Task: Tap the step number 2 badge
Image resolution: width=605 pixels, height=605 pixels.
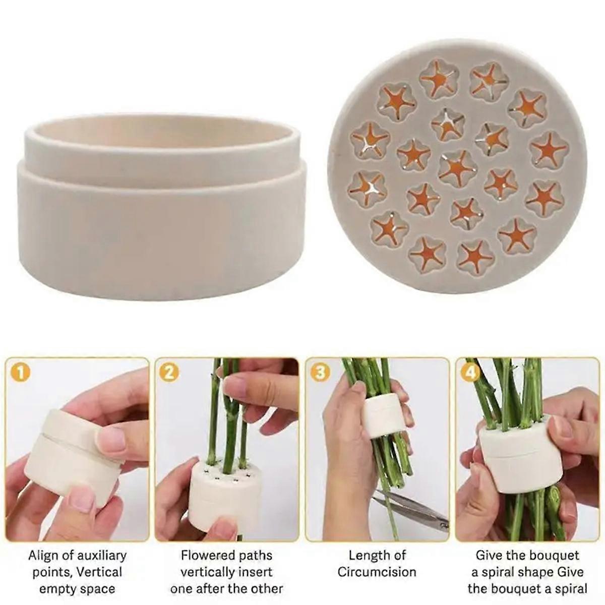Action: click(168, 373)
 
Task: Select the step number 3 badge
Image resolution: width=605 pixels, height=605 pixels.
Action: click(319, 373)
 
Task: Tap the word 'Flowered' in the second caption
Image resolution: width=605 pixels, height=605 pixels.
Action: click(205, 556)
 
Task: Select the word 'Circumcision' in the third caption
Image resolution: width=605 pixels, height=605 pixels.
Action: click(377, 572)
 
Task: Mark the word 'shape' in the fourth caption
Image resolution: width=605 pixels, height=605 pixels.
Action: click(522, 572)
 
